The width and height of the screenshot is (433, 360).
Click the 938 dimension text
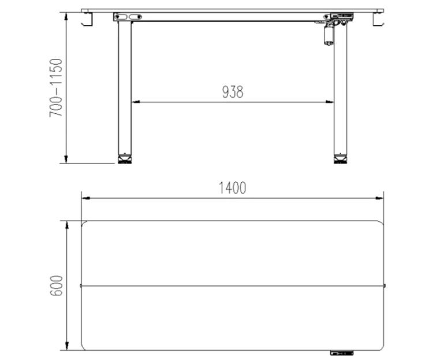[x=233, y=92]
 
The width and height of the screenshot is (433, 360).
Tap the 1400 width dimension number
[x=232, y=188]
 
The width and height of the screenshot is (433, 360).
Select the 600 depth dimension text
[x=57, y=285]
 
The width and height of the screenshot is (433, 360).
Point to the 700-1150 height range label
[x=56, y=88]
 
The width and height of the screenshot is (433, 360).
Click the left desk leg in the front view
[x=125, y=88]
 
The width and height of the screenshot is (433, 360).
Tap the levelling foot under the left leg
[x=125, y=159]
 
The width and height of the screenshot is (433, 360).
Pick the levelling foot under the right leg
[x=340, y=159]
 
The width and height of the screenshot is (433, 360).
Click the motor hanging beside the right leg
[x=329, y=35]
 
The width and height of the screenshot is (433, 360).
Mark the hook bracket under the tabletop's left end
[x=87, y=19]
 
